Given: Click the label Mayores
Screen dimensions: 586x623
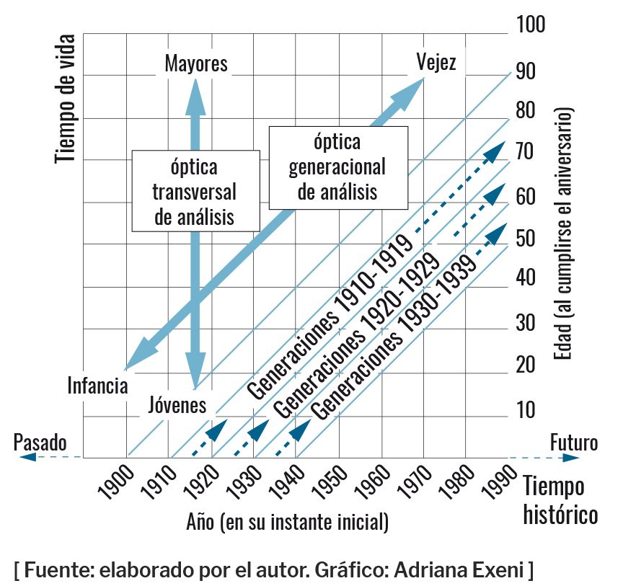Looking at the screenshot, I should (195, 64).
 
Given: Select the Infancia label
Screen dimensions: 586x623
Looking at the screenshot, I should (98, 386).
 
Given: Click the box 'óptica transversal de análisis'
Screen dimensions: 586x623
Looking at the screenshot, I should (195, 191).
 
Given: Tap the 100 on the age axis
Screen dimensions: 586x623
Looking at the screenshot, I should (531, 25).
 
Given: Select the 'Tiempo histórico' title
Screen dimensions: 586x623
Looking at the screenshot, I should (560, 501).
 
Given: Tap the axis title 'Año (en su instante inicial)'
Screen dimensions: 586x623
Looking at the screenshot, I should (287, 521).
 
